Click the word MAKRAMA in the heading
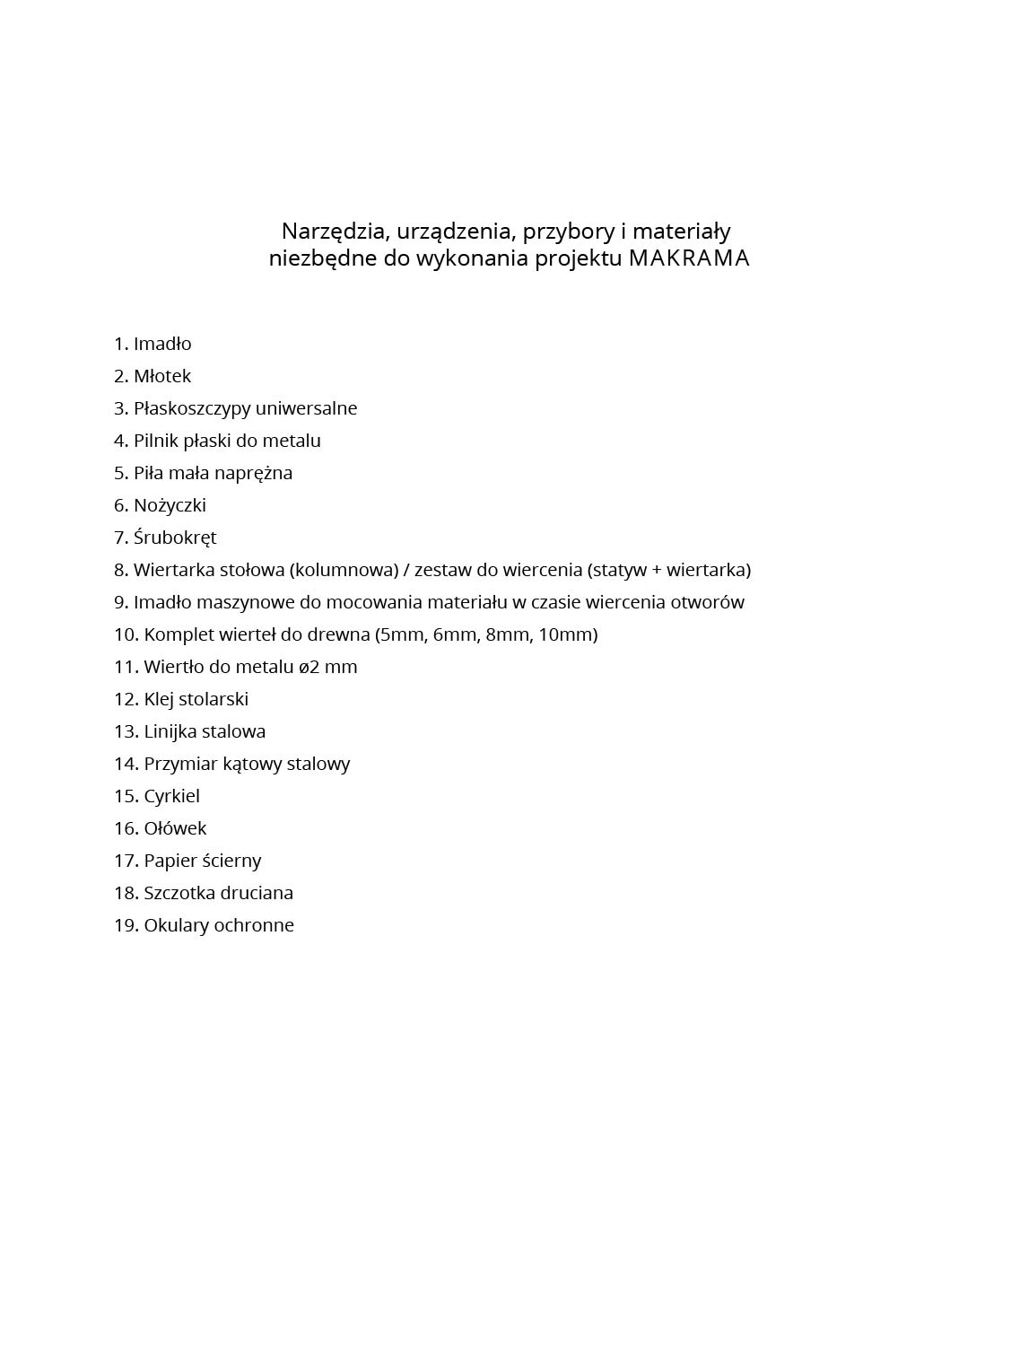tap(688, 258)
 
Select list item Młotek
tap(162, 376)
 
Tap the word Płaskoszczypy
tap(192, 409)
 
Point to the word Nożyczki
tap(170, 505)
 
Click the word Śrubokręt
tap(175, 538)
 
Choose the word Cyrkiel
tap(171, 796)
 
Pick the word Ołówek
tap(175, 828)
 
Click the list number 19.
tap(125, 925)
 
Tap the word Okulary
tap(176, 925)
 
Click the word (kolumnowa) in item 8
tap(344, 570)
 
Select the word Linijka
tap(172, 731)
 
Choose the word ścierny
tap(231, 861)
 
